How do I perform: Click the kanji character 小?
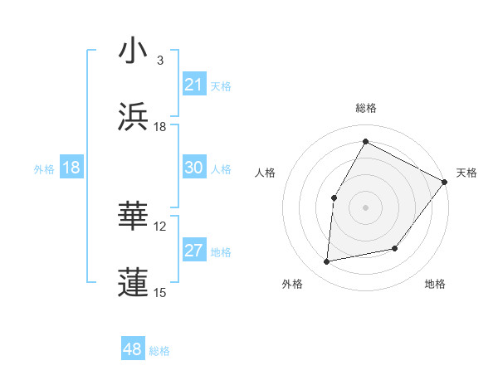click(x=134, y=51)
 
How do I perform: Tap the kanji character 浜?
click(x=134, y=117)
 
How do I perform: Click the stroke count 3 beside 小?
click(x=160, y=61)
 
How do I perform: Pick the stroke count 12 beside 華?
click(x=160, y=227)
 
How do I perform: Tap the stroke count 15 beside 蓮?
click(x=160, y=292)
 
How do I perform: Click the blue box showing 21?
click(x=194, y=85)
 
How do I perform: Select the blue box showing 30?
click(x=194, y=168)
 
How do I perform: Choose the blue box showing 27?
click(x=194, y=251)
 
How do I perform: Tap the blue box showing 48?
click(x=133, y=349)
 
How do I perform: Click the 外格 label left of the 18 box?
click(x=44, y=168)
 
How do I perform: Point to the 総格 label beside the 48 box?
click(x=159, y=351)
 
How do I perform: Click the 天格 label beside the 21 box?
click(x=221, y=85)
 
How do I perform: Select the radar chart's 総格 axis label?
click(x=365, y=108)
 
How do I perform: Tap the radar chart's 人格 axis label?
click(x=266, y=173)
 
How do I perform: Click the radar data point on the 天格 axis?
click(x=444, y=182)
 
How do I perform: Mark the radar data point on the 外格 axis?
click(x=327, y=262)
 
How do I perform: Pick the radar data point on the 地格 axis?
click(x=395, y=248)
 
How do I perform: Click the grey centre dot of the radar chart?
click(x=365, y=207)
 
